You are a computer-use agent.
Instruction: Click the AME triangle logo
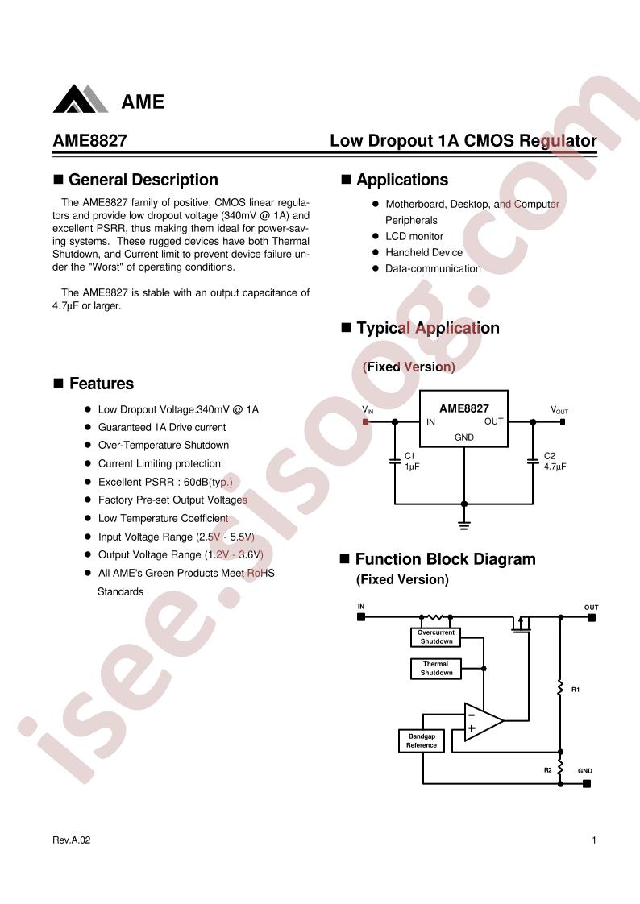pos(80,99)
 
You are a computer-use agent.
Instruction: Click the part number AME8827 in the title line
pos(90,141)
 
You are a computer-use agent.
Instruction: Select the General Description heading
pos(143,180)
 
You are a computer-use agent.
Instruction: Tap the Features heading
pos(102,384)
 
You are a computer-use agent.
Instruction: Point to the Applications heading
pos(402,180)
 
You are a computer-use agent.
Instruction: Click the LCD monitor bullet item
pos(414,236)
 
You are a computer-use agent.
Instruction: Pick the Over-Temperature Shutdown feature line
pos(163,445)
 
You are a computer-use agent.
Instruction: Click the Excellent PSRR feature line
pos(165,482)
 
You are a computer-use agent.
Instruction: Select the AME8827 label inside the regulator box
pos(464,408)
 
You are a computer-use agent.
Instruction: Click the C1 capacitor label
pos(409,456)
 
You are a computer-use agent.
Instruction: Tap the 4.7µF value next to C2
pos(555,467)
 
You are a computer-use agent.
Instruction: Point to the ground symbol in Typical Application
pos(464,525)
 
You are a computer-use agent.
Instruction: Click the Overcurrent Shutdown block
pos(436,637)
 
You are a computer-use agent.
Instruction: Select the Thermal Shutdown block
pos(436,668)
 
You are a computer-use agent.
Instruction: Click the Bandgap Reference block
pos(422,740)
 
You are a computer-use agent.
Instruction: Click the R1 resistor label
pos(576,690)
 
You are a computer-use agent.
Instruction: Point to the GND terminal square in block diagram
pos(586,783)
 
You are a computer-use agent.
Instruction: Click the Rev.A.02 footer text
pos(72,840)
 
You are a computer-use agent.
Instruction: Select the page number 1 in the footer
pos(594,840)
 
